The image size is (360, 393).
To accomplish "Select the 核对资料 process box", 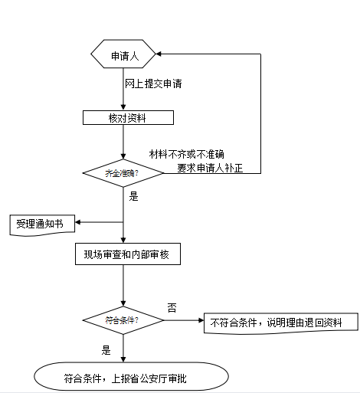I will pyautogui.click(x=128, y=118).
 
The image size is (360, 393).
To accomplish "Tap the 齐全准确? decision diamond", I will pyautogui.click(x=123, y=173).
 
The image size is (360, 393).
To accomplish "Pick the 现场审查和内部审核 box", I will pyautogui.click(x=127, y=254).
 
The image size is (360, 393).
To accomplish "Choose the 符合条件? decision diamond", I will pyautogui.click(x=123, y=320).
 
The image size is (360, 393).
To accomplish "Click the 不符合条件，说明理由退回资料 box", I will pyautogui.click(x=280, y=323).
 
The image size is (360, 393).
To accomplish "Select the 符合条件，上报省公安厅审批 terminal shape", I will pyautogui.click(x=131, y=376).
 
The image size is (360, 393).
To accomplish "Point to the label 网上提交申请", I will pyautogui.click(x=153, y=82).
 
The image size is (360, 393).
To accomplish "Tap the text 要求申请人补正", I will pyautogui.click(x=210, y=166).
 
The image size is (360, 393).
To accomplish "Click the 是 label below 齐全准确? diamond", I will pyautogui.click(x=133, y=196).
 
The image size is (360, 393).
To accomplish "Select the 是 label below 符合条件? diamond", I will pyautogui.click(x=106, y=350).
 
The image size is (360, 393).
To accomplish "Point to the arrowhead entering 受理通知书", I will pyautogui.click(x=77, y=223).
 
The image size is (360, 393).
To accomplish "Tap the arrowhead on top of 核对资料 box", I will pyautogui.click(x=124, y=108).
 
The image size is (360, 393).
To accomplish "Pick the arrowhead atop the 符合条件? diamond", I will pyautogui.click(x=123, y=305).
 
